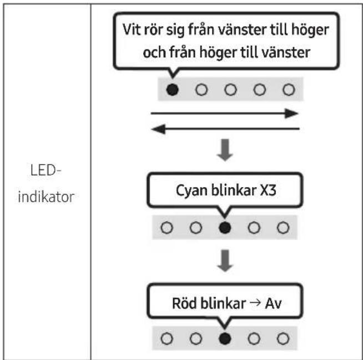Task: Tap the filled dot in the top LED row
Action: (173, 89)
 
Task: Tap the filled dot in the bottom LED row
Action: (225, 337)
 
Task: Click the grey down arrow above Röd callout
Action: (225, 260)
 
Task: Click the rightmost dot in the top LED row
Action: (287, 89)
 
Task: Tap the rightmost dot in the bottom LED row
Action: (283, 337)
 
